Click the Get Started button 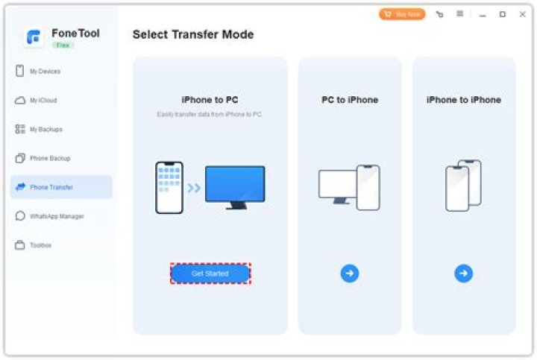tap(210, 274)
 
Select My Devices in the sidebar tap(45, 72)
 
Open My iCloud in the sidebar tap(43, 101)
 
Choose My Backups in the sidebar tap(45, 130)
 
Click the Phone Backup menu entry tap(49, 159)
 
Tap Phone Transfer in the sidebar tap(51, 187)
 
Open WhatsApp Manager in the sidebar tap(56, 216)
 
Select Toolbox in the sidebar tap(40, 245)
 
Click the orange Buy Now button tap(402, 14)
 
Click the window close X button tap(522, 14)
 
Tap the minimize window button tap(482, 14)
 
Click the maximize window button tap(502, 14)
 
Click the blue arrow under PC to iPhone tap(350, 274)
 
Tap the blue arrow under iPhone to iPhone tap(463, 274)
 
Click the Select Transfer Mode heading tap(193, 34)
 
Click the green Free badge tap(62, 45)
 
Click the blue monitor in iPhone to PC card tap(235, 186)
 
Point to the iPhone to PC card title tap(210, 100)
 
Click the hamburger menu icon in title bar tap(460, 14)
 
